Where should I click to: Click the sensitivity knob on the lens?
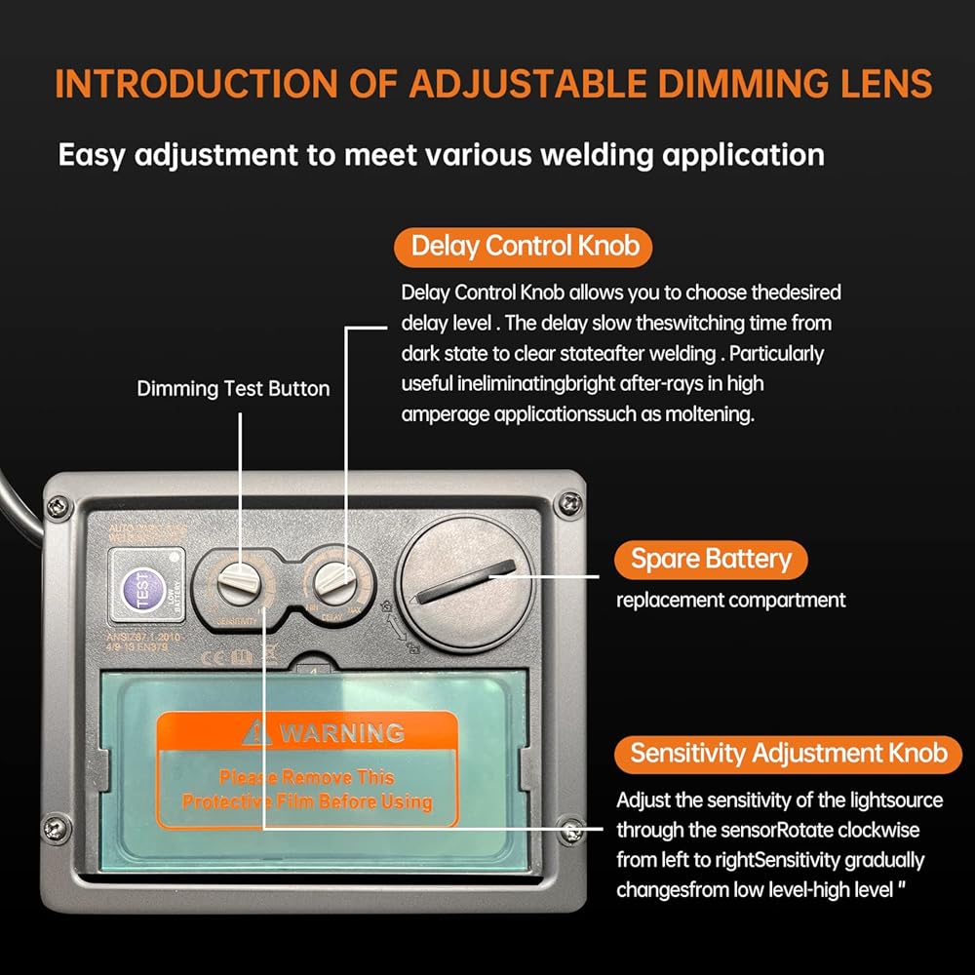tap(238, 586)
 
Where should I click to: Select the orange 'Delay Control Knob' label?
tap(525, 246)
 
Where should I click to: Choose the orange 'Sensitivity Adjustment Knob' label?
tap(788, 753)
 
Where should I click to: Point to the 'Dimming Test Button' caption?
tap(233, 389)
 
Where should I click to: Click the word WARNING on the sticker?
tap(341, 732)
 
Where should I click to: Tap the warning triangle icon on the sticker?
tap(257, 731)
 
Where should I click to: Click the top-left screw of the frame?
tap(59, 505)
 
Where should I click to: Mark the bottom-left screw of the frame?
tap(61, 830)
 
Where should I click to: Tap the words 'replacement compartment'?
tap(730, 601)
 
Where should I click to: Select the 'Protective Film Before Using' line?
tap(307, 801)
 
